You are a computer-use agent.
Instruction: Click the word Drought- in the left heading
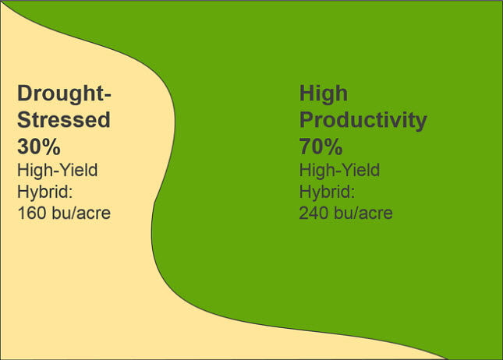(x=65, y=95)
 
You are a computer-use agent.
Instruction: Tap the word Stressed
(x=63, y=120)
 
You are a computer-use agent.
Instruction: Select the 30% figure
(x=39, y=145)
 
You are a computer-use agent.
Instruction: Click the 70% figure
(x=321, y=145)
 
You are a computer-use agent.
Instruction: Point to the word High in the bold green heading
(x=323, y=94)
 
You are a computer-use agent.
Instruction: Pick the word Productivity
(x=363, y=121)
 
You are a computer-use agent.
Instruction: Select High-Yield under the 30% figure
(x=57, y=169)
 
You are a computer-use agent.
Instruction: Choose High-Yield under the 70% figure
(x=338, y=169)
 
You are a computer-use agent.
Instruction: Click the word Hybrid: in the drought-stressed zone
(x=44, y=190)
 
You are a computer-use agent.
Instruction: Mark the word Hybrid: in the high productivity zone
(x=325, y=190)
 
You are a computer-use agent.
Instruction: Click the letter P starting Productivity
(x=306, y=121)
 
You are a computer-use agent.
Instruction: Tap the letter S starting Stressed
(x=24, y=120)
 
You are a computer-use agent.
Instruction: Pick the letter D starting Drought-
(x=25, y=95)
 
